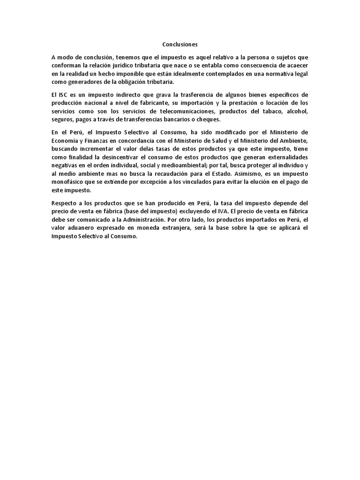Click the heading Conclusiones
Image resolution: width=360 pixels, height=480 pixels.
click(x=180, y=45)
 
